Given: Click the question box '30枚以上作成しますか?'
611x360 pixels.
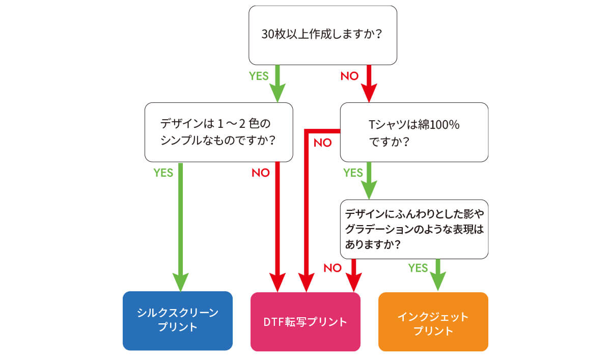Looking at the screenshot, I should [322, 35].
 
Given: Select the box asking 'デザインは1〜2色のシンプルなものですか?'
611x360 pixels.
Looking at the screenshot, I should [218, 132].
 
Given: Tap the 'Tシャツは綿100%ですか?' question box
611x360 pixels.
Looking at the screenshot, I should [414, 132].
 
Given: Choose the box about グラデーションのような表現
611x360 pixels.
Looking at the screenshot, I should [414, 229].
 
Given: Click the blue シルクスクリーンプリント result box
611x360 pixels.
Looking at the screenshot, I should [177, 320].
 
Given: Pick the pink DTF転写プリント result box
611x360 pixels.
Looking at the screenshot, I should [305, 321].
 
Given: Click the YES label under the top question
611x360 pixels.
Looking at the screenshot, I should [258, 76].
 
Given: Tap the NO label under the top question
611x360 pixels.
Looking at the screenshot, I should [349, 76].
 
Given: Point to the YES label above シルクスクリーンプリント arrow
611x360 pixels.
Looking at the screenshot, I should [163, 173].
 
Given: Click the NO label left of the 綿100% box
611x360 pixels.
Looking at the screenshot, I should [322, 143].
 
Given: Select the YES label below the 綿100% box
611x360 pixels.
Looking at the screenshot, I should [353, 173].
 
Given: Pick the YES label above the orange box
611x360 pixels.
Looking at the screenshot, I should [418, 268].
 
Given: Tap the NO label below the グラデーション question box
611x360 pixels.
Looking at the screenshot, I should [332, 268].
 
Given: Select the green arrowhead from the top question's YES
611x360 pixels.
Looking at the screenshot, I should [277, 94].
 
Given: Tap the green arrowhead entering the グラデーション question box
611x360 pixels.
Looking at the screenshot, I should [369, 190].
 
